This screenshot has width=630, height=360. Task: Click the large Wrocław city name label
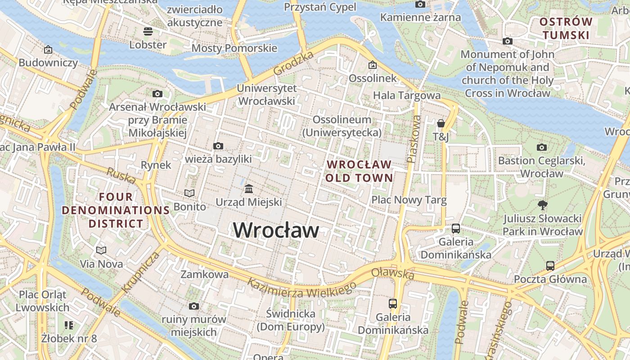coord(276,230)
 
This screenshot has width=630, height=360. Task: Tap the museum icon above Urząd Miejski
coord(249,189)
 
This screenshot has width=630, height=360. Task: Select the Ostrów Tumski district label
coord(566,28)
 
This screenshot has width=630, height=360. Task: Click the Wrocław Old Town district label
coord(359,171)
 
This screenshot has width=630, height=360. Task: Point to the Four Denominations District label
coord(116,210)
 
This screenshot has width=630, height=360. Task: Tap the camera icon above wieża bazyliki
coord(218,146)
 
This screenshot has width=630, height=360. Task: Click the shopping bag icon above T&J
coord(441,123)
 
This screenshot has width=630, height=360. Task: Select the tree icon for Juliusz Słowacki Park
coord(543,205)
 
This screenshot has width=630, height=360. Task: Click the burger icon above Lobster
coord(148,31)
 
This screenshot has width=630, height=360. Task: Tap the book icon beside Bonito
coord(189,193)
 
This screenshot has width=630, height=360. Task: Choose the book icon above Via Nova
coord(101,250)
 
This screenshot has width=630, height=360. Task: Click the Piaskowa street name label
coord(414,139)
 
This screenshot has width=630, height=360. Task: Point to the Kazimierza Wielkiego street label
coord(301,287)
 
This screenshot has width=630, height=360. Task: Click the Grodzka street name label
coord(293,63)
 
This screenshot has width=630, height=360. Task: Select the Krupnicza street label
coord(141,272)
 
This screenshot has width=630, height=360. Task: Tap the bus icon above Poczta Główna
coord(550,265)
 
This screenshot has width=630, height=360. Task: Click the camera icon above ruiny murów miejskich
coord(194,306)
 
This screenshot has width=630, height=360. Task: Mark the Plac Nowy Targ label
coord(409,200)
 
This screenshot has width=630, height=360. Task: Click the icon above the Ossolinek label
coord(373,65)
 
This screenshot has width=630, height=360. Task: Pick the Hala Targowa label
coord(407,95)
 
